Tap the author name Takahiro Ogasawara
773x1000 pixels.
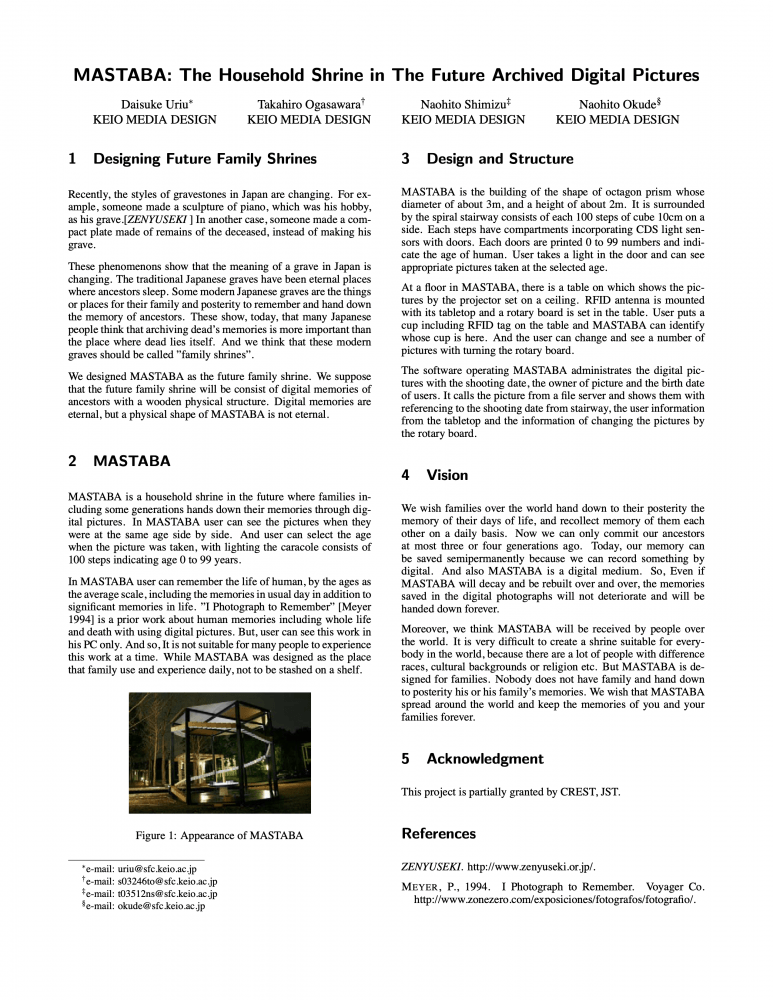308,103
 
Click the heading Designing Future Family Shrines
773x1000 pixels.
204,159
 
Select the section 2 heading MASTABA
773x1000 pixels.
131,461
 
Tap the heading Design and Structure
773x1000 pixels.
499,159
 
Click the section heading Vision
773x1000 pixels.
447,474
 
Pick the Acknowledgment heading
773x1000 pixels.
485,759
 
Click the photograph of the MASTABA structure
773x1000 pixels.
220,752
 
